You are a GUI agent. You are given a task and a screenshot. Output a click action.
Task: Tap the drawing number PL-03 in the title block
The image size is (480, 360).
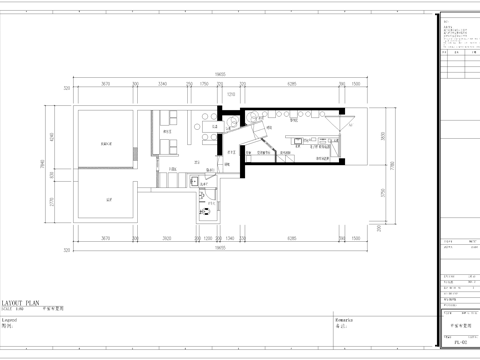coord(458,343)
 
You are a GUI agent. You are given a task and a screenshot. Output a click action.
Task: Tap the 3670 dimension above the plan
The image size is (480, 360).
coord(104,85)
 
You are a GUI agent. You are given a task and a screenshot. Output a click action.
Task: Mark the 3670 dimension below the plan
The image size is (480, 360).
coord(104,238)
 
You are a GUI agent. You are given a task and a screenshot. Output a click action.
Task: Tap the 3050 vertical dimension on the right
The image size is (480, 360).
coord(380,136)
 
